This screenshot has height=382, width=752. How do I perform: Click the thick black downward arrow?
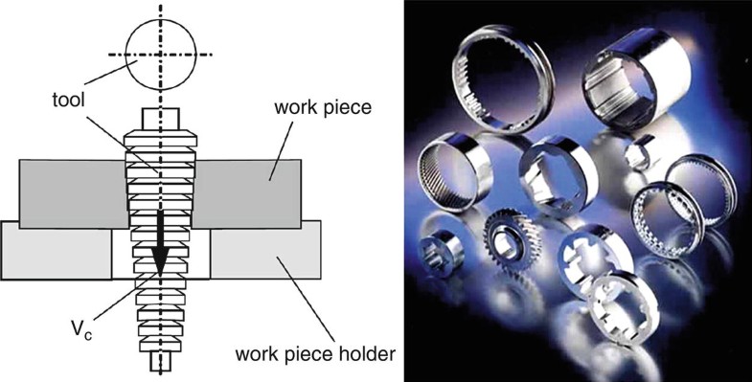click(159, 239)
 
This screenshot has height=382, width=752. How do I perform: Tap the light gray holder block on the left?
click(57, 251)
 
